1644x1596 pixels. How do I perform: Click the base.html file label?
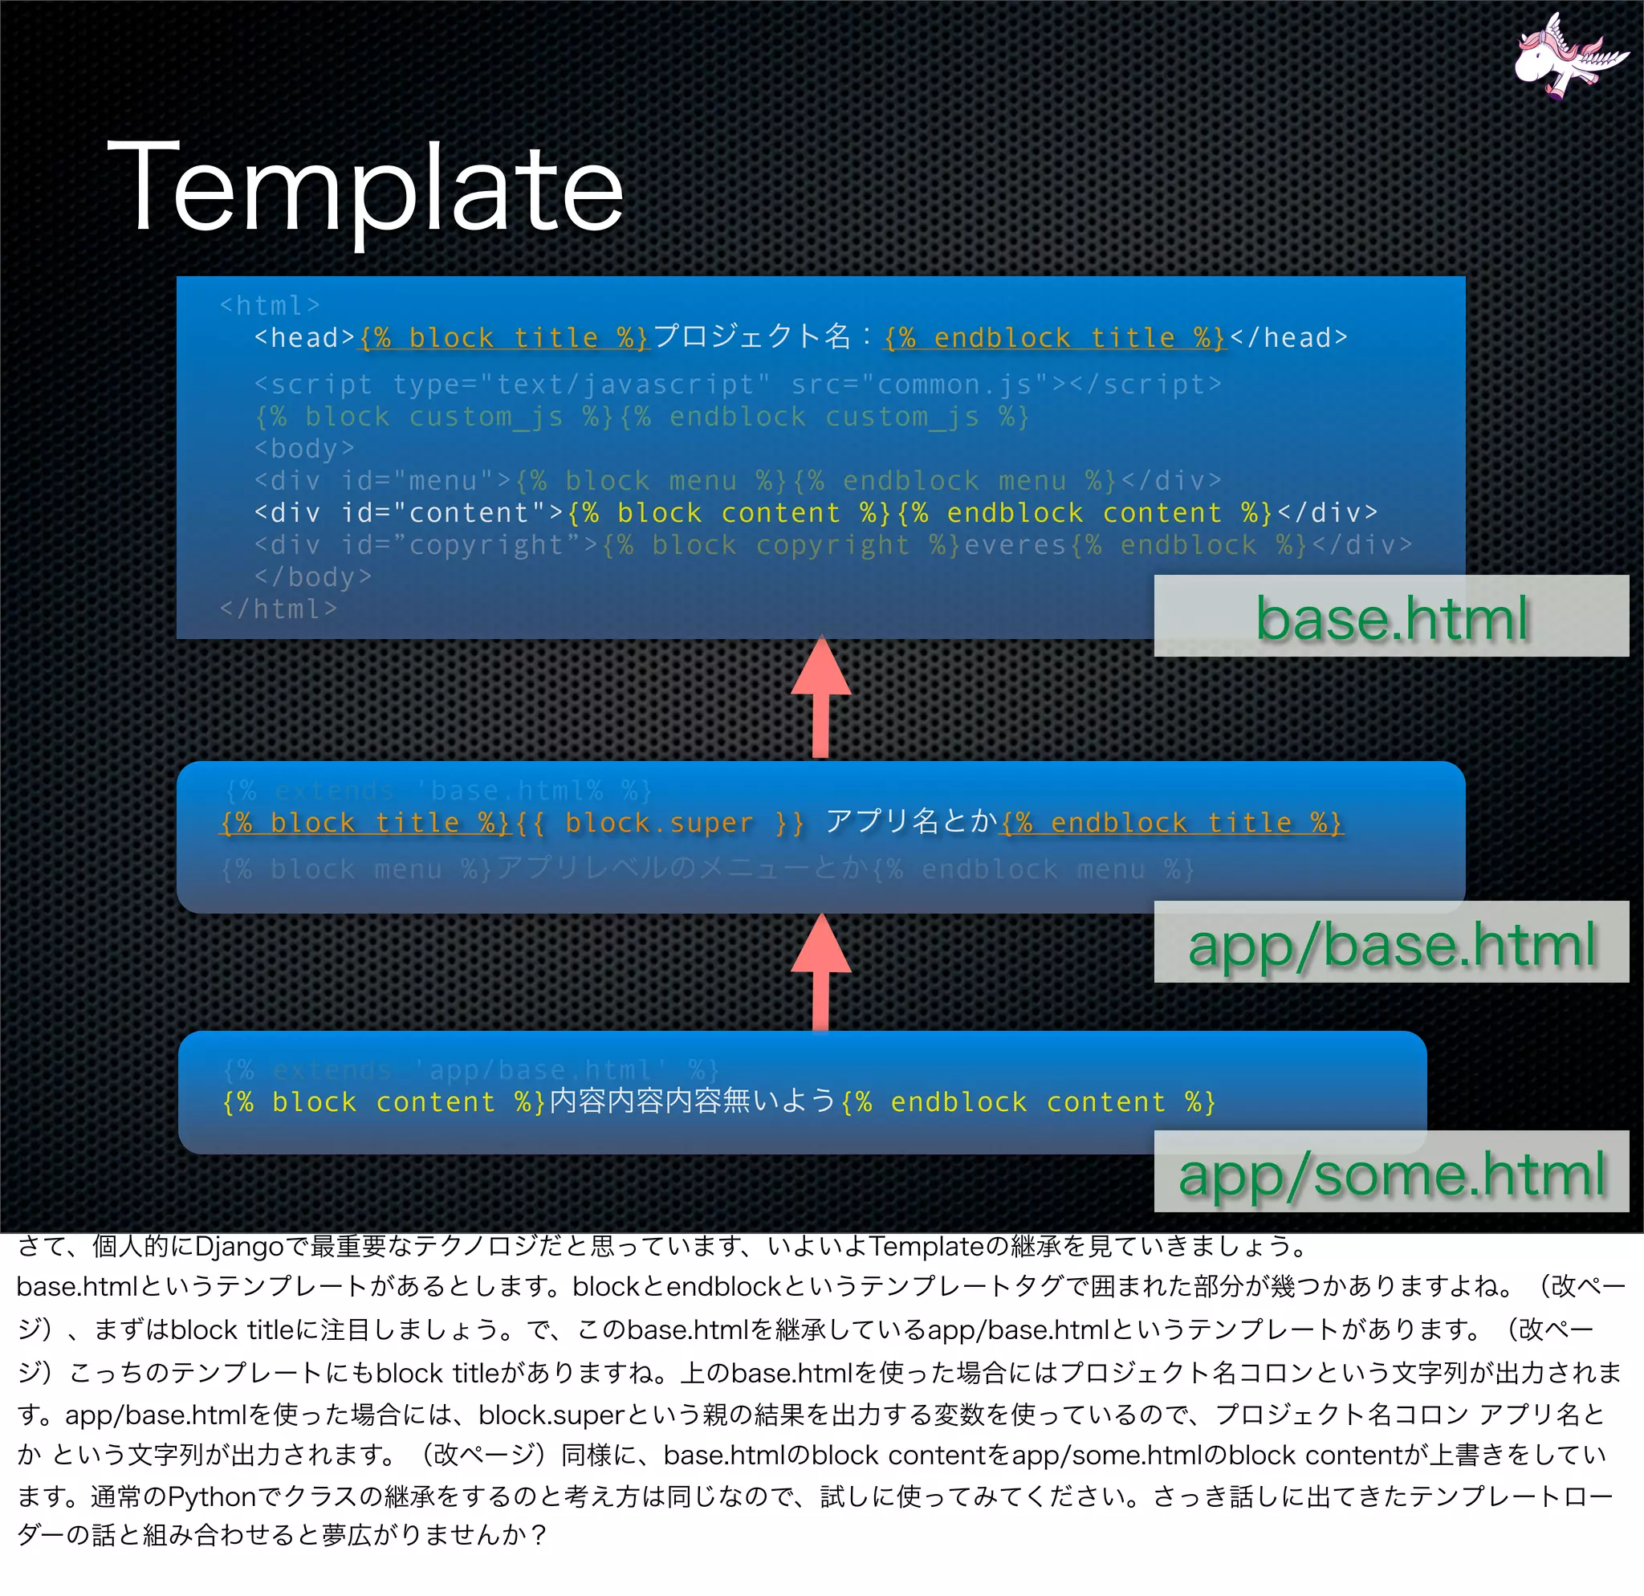tap(1391, 618)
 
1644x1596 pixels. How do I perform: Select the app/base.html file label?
tap(1391, 944)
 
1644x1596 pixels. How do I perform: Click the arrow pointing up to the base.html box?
tap(821, 698)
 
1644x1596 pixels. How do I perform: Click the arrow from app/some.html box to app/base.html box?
tap(821, 974)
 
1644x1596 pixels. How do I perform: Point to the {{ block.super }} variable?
tap(659, 824)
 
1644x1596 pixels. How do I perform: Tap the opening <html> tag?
tap(269, 305)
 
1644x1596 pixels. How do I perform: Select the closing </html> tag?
tap(278, 609)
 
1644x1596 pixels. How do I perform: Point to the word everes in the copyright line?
tap(1015, 545)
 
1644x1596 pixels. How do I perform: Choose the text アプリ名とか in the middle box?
tap(911, 821)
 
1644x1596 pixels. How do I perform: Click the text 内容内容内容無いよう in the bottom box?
tap(693, 1101)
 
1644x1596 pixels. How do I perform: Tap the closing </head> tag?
tap(1288, 337)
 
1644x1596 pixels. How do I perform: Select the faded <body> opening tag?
tap(303, 449)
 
